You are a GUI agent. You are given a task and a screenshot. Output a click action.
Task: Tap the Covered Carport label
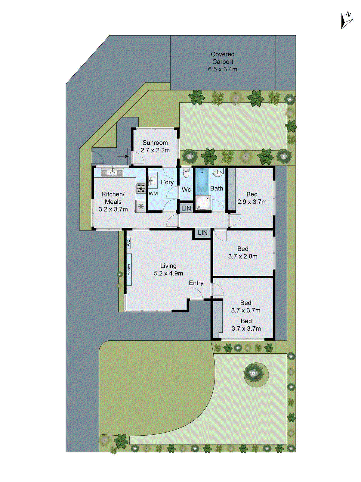pos(223,61)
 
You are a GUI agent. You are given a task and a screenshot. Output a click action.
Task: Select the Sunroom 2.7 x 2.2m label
pos(155,146)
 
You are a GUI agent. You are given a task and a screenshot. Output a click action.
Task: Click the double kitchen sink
pos(112,173)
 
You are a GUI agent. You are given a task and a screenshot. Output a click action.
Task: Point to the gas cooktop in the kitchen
pos(140,188)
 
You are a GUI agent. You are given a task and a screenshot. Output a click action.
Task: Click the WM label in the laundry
pos(153,193)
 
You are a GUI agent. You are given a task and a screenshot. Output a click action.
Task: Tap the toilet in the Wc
pos(186,173)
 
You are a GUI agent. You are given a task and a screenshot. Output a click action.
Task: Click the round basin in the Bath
pos(218,173)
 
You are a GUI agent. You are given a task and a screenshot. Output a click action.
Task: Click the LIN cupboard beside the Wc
pos(186,208)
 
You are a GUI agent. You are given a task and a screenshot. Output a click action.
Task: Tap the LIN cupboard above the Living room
pos(202,233)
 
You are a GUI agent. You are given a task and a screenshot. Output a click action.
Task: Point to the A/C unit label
pos(128,243)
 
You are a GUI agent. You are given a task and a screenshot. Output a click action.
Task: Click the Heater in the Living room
pos(129,269)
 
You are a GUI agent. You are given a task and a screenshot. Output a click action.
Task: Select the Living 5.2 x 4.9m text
pos(168,269)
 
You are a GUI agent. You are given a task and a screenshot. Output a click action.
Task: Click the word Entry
pos(196,283)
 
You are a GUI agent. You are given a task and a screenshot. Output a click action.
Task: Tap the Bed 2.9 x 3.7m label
pos(252,198)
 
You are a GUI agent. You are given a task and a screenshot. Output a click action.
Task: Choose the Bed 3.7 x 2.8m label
pos(243,252)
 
